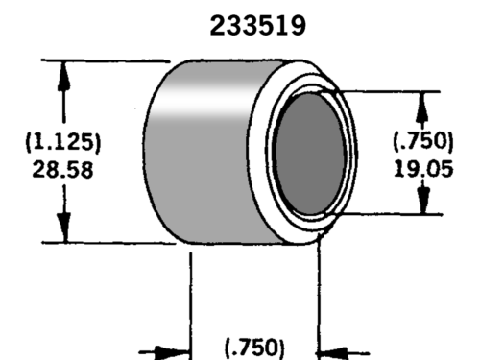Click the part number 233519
click(x=258, y=26)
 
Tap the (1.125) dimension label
click(x=63, y=142)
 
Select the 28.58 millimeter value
click(x=62, y=170)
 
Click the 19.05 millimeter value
click(x=423, y=169)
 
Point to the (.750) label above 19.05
click(x=423, y=141)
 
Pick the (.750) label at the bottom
click(x=254, y=348)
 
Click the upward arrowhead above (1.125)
click(x=64, y=77)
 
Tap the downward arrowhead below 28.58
click(x=64, y=227)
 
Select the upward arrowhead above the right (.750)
click(x=423, y=107)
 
